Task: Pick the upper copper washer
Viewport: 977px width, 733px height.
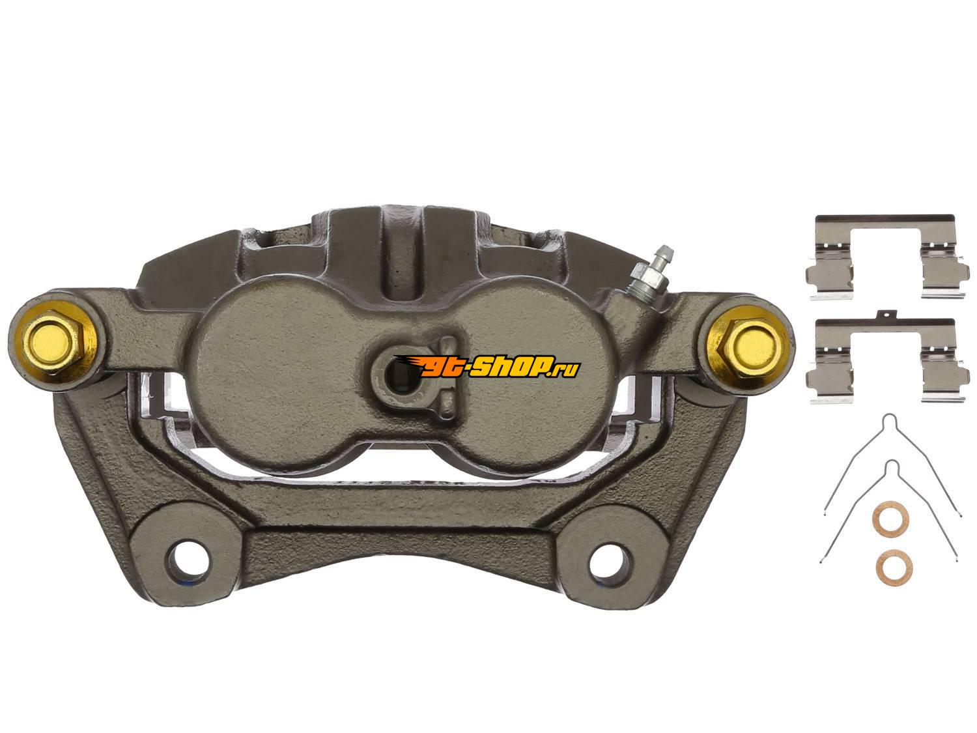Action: [x=890, y=519]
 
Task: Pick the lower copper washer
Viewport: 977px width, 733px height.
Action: [x=892, y=568]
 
